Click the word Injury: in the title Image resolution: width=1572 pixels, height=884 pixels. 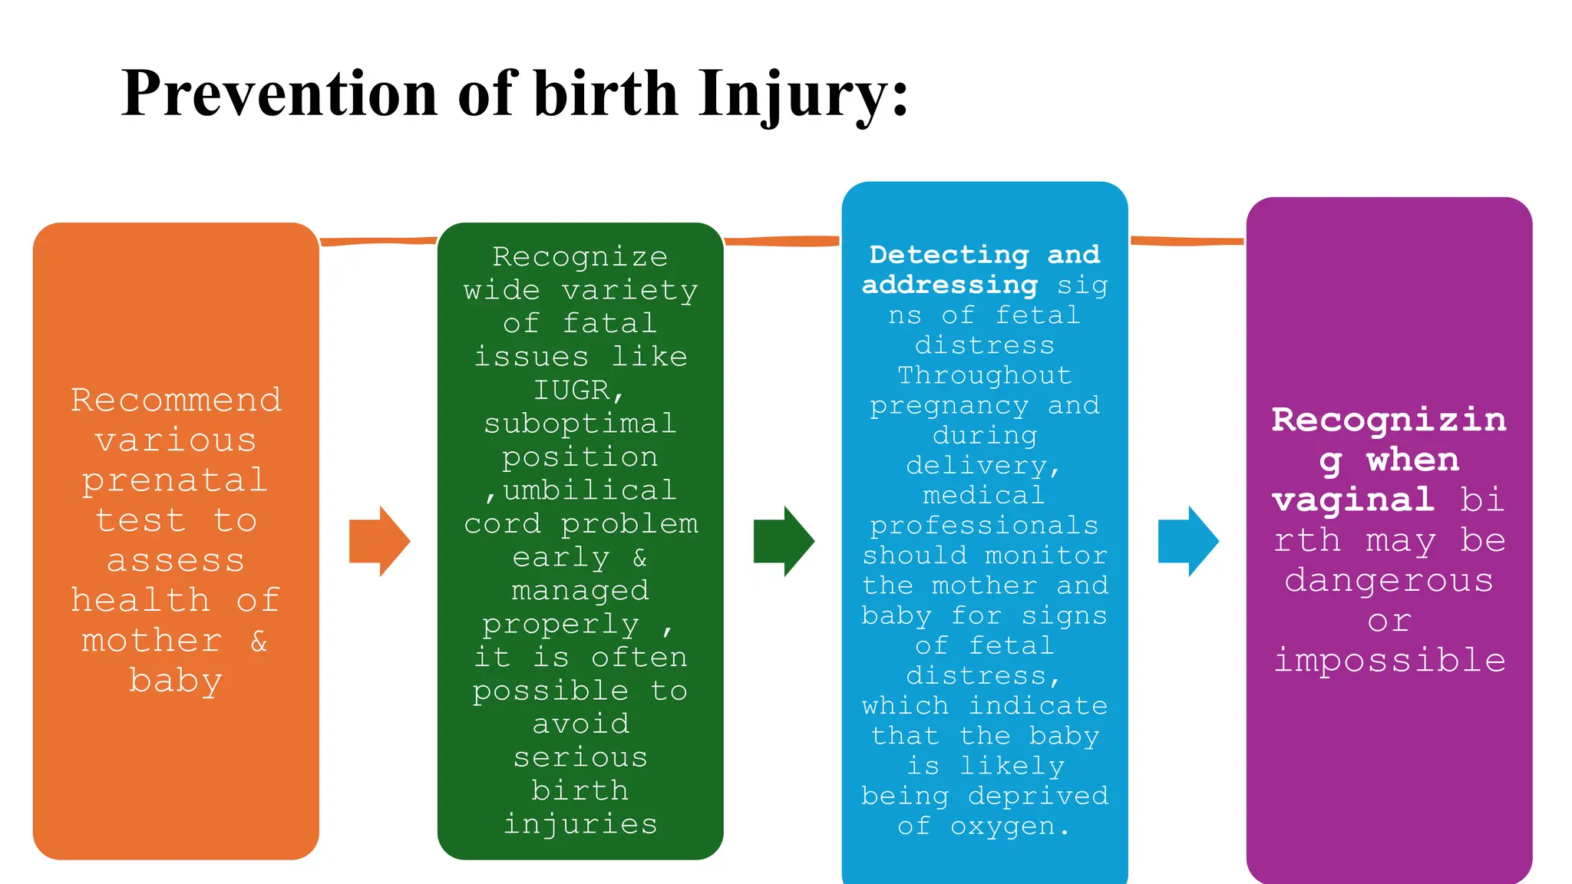[803, 94]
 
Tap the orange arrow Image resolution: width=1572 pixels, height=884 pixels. [379, 541]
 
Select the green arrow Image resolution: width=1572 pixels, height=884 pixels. [784, 541]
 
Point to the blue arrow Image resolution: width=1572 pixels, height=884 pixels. [1188, 541]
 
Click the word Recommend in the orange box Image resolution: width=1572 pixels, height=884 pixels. [176, 401]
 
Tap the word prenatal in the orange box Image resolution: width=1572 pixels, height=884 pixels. [176, 481]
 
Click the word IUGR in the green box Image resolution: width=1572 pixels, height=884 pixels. [572, 391]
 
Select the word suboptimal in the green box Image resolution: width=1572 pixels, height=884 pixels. [580, 424]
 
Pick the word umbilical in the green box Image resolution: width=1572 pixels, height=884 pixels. [589, 490]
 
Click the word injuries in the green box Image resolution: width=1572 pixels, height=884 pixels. [580, 824]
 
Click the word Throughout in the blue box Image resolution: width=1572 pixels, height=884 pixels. [985, 375]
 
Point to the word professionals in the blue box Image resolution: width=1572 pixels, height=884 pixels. [985, 526]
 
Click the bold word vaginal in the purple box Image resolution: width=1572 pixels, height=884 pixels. [1352, 500]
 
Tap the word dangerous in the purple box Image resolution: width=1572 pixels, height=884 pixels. [1389, 581]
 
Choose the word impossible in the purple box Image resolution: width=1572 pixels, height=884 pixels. [1389, 661]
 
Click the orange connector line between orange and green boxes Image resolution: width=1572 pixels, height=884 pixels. [378, 242]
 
